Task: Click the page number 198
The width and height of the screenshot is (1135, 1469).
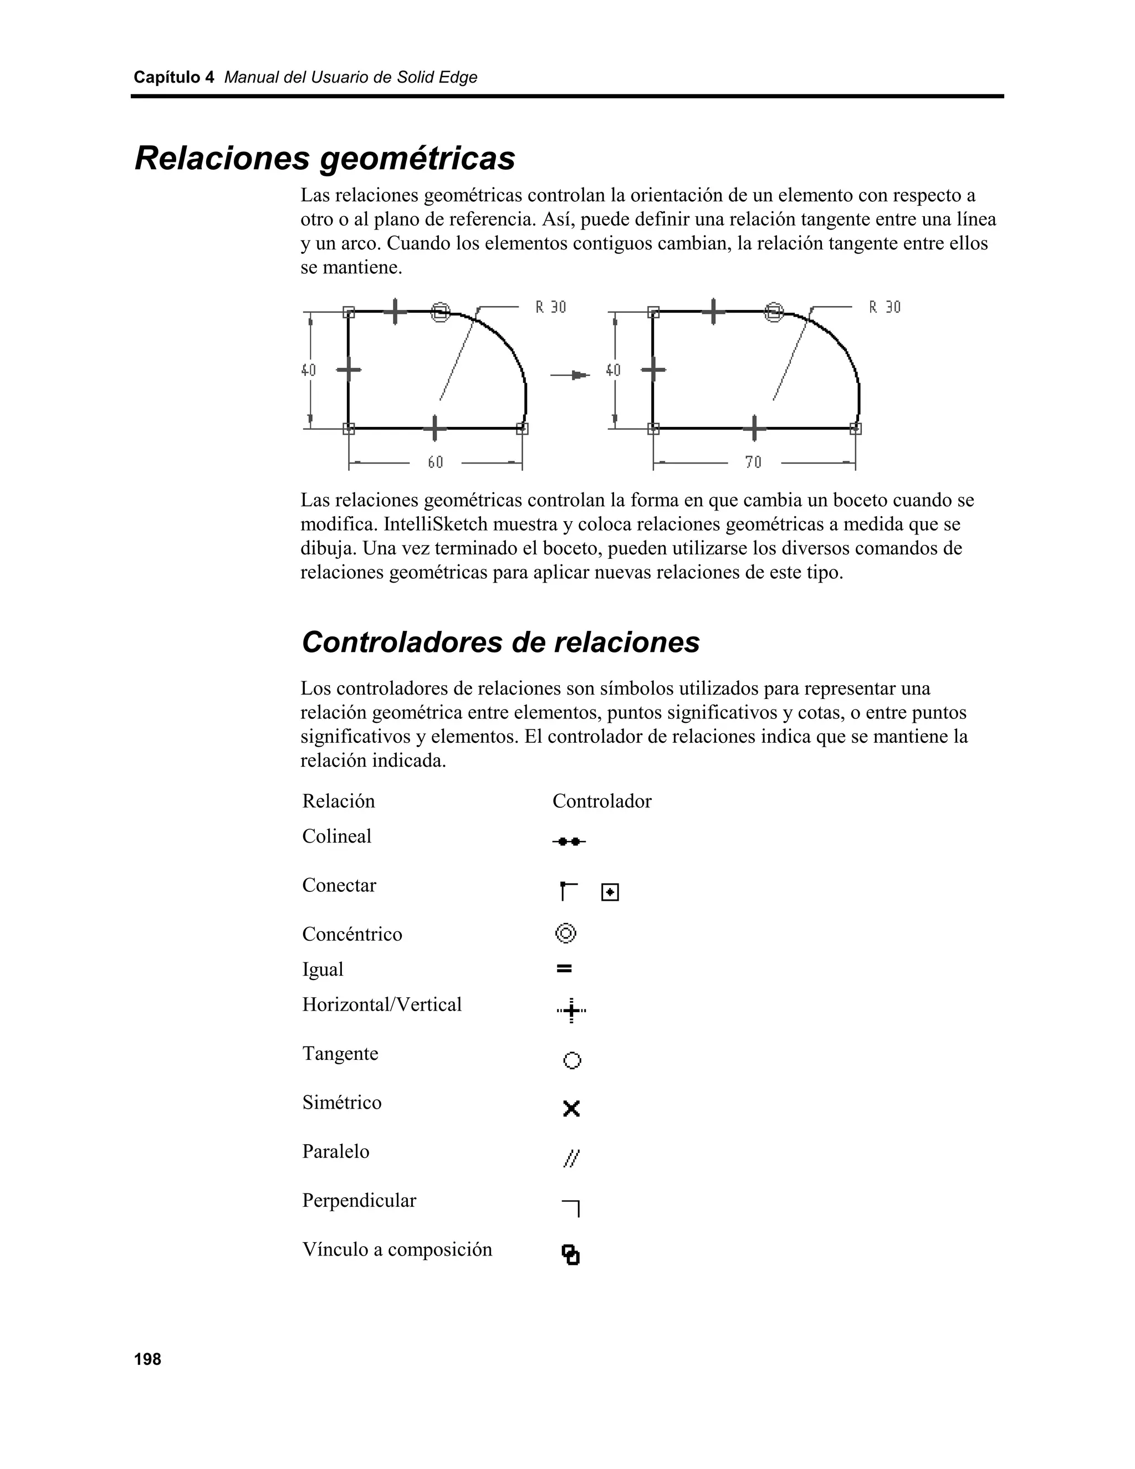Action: coord(147,1359)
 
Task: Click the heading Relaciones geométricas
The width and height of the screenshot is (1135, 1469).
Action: coord(325,159)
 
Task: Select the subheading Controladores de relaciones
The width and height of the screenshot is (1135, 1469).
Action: coord(500,642)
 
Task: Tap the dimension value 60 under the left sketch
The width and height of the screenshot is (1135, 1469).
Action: coord(436,462)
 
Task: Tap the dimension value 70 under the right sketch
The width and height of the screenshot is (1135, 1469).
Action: coord(753,462)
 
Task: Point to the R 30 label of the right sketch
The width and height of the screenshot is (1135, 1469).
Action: coord(884,308)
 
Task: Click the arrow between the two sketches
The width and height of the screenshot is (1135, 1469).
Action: coord(570,375)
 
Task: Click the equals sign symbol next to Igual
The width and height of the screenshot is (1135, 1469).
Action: coord(564,969)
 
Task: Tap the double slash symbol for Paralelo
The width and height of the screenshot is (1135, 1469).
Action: coord(571,1158)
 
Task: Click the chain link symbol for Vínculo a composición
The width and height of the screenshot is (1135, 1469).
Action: coord(570,1254)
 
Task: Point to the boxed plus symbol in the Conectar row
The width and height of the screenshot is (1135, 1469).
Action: coord(610,892)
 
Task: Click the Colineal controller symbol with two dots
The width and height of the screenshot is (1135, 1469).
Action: coord(569,841)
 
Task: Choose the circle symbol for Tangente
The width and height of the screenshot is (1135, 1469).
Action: coord(571,1060)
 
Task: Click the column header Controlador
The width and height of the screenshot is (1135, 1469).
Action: coord(602,801)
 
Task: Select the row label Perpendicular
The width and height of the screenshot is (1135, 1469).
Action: coord(359,1201)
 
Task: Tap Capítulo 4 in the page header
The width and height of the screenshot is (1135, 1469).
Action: coord(173,78)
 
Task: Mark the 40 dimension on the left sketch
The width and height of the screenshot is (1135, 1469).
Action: coord(308,370)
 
